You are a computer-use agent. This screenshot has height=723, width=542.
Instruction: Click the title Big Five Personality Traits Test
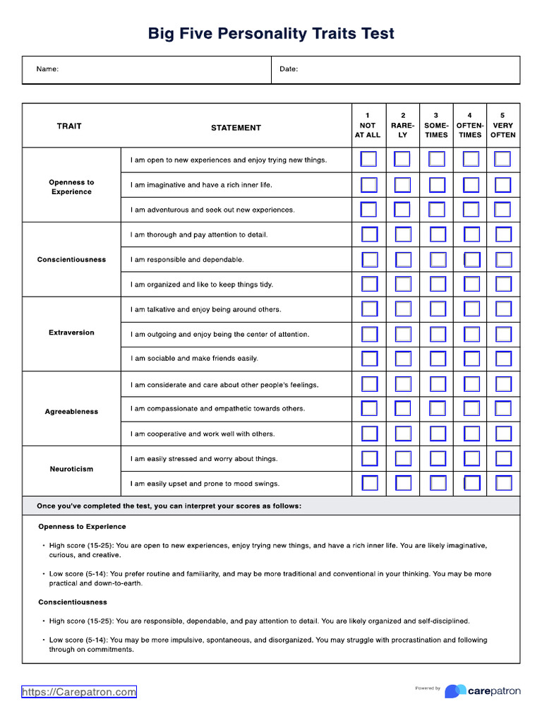pyautogui.click(x=271, y=34)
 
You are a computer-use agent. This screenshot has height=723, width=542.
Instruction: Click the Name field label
pyautogui.click(x=47, y=69)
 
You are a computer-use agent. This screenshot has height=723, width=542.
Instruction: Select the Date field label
pyautogui.click(x=289, y=69)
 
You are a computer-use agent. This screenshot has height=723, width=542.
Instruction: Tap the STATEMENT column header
pyautogui.click(x=236, y=128)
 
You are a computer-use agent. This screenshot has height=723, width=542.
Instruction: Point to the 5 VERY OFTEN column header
pyautogui.click(x=502, y=125)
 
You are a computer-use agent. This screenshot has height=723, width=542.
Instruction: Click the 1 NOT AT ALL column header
pyautogui.click(x=367, y=125)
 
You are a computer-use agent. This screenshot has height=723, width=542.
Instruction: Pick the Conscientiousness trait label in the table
pyautogui.click(x=71, y=260)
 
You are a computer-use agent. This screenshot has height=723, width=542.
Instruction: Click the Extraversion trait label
pyautogui.click(x=71, y=333)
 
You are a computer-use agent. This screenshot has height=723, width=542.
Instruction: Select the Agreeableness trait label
pyautogui.click(x=71, y=412)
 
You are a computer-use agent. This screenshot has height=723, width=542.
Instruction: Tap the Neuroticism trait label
pyautogui.click(x=71, y=469)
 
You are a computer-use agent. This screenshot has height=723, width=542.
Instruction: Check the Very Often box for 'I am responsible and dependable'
pyautogui.click(x=503, y=259)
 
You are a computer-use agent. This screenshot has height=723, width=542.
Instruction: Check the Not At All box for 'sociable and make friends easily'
pyautogui.click(x=369, y=359)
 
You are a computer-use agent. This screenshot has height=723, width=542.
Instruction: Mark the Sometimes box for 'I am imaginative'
pyautogui.click(x=438, y=185)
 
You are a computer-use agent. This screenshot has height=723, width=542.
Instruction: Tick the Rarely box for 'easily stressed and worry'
pyautogui.click(x=403, y=459)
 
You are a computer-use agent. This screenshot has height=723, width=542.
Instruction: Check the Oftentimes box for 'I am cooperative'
pyautogui.click(x=471, y=434)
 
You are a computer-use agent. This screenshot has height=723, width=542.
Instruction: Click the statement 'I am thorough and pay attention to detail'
pyautogui.click(x=199, y=234)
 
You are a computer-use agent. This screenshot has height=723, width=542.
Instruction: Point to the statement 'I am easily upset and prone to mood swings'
pyautogui.click(x=205, y=484)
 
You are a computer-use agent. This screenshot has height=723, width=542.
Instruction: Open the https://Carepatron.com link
pyautogui.click(x=79, y=692)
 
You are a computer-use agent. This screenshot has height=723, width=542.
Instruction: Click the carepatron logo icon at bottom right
pyautogui.click(x=455, y=691)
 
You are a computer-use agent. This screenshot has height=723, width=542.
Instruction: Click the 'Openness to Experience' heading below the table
pyautogui.click(x=82, y=527)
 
